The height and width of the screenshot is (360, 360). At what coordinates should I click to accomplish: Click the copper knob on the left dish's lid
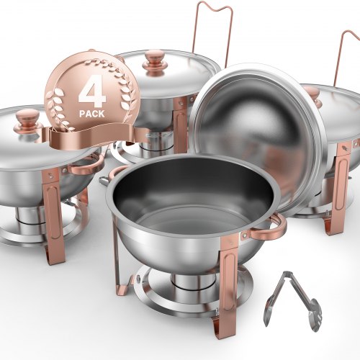pos(27,120)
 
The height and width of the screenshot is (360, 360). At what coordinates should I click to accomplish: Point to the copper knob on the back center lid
pos(154,62)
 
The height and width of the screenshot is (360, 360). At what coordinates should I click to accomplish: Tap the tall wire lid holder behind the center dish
pos(213,29)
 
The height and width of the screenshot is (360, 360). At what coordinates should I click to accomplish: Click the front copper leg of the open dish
pos(229,281)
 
